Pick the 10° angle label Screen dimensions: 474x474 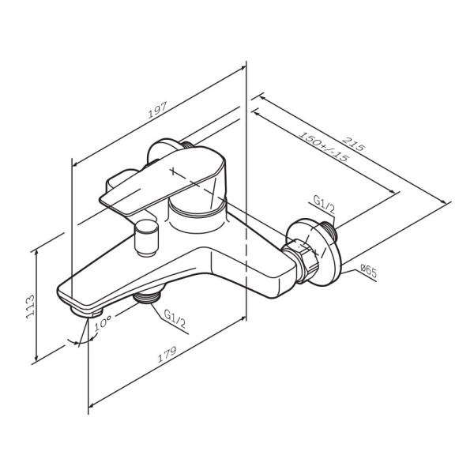click(x=102, y=324)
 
